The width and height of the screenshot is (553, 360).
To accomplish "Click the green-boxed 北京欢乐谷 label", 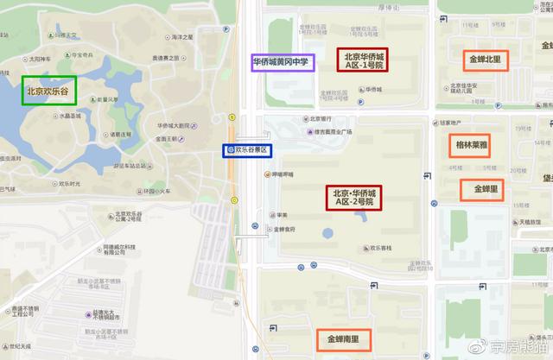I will [x=48, y=90].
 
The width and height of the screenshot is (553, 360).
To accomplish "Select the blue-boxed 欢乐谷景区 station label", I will [x=247, y=150].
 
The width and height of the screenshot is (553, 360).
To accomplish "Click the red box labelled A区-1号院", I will [x=363, y=60].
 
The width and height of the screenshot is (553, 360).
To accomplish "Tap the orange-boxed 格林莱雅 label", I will [x=468, y=147].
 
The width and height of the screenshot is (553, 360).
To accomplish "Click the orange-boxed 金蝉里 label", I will [x=482, y=188].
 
